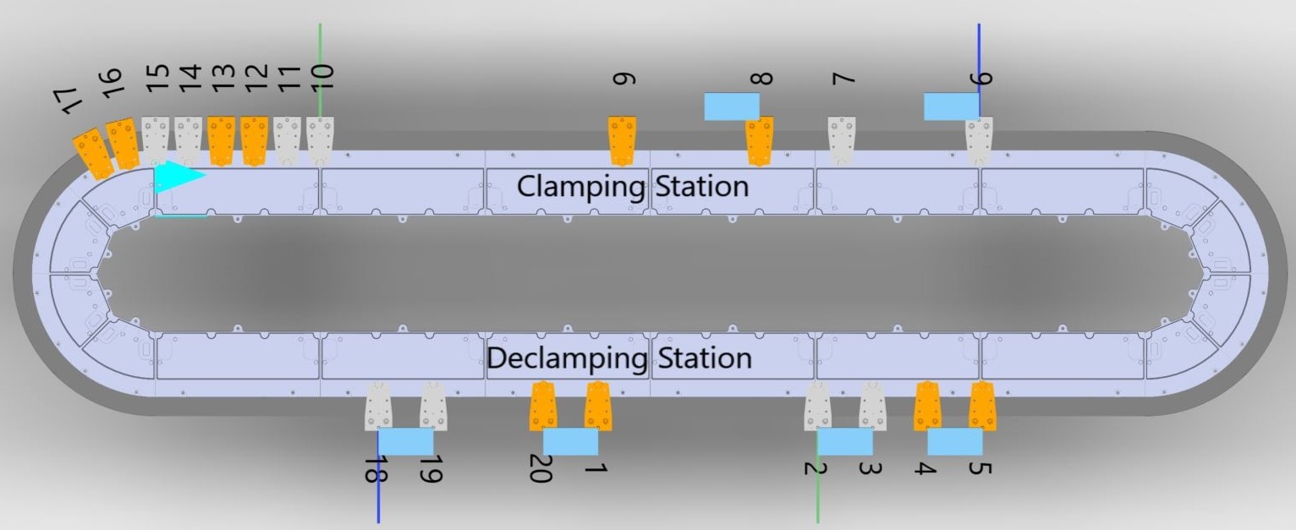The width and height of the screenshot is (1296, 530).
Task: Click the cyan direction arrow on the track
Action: click(178, 176)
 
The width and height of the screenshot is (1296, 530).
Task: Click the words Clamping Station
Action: click(632, 186)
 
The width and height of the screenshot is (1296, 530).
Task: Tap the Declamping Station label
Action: click(619, 358)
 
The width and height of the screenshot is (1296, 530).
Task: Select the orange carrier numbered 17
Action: click(91, 154)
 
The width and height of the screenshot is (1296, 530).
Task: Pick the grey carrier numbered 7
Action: click(841, 139)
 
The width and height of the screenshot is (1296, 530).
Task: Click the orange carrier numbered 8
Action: click(760, 140)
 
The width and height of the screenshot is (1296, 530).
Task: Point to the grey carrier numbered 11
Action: click(287, 139)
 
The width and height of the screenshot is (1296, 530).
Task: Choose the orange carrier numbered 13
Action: click(221, 140)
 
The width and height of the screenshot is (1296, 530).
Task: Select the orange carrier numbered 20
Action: click(542, 405)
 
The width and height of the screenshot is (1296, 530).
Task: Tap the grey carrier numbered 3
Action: click(872, 406)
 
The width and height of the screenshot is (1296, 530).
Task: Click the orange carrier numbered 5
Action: click(981, 406)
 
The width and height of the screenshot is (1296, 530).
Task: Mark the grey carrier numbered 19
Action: click(433, 406)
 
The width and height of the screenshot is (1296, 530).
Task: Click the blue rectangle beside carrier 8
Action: click(732, 107)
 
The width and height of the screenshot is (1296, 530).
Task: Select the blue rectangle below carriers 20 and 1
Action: click(570, 441)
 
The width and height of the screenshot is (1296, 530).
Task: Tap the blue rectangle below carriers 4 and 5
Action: click(955, 441)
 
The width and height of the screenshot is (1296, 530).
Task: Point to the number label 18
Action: click(371, 469)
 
